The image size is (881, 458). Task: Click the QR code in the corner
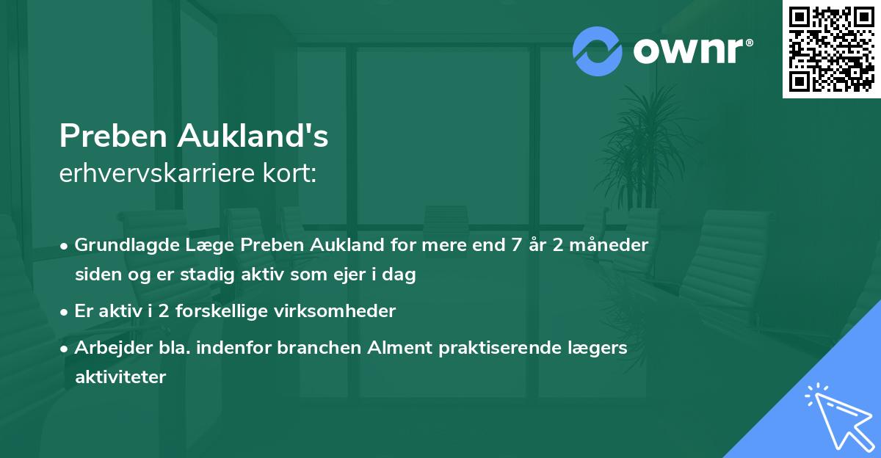[832, 49]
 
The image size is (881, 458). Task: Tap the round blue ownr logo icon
[597, 51]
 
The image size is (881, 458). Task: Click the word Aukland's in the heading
[257, 137]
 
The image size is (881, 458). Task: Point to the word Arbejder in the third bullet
[106, 348]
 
